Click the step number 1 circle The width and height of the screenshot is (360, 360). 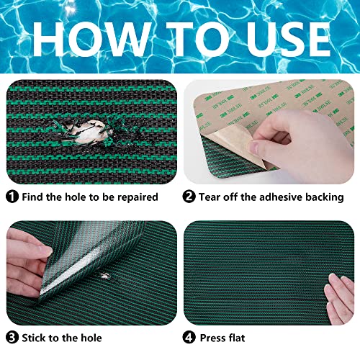(x=12, y=196)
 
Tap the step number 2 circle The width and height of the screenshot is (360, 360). (x=189, y=196)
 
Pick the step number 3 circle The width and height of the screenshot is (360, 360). (x=12, y=337)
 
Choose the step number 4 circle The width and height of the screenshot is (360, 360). (x=189, y=337)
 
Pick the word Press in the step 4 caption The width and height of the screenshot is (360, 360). (x=215, y=337)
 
